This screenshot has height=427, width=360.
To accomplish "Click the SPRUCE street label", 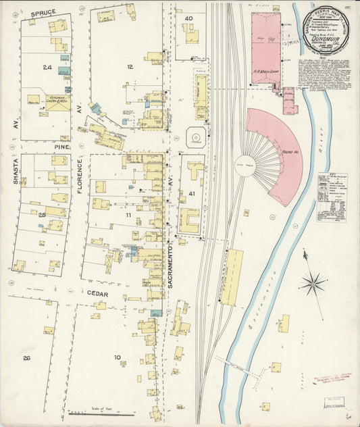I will click(42, 12).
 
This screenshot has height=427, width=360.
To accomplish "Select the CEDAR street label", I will click(98, 293).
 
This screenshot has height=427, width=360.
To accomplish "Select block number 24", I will click(47, 68).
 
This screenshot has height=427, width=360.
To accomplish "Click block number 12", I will click(129, 67).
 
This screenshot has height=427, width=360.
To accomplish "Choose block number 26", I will click(26, 357).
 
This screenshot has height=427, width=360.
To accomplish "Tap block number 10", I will click(117, 357).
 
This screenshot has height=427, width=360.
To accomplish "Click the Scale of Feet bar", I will click(98, 412).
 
